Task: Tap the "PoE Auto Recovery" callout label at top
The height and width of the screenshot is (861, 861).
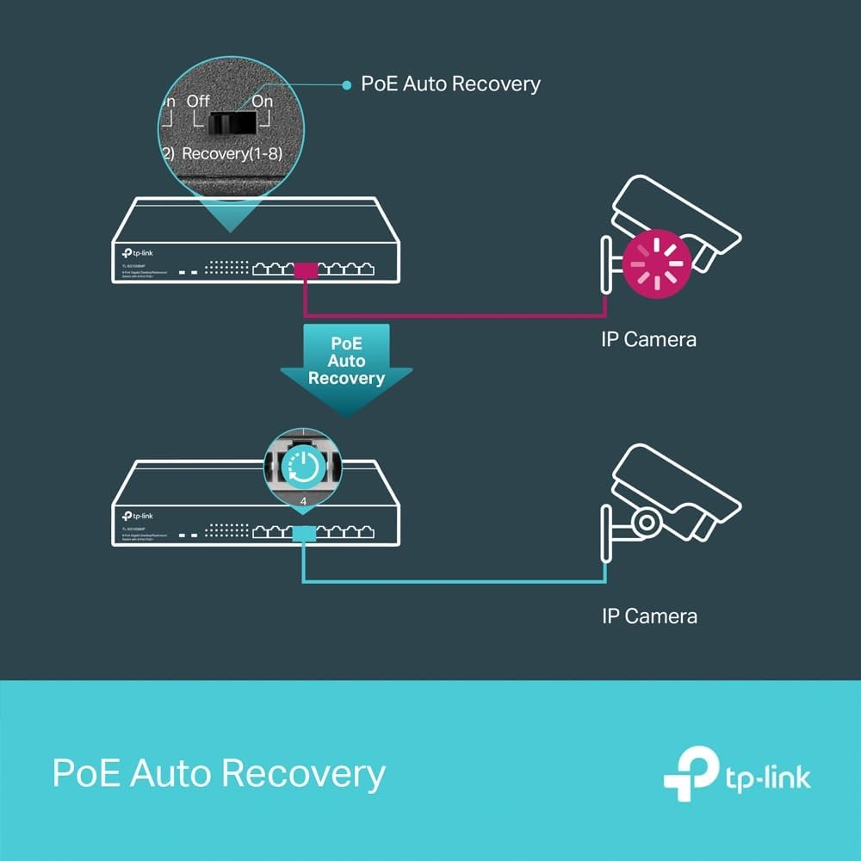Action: [450, 84]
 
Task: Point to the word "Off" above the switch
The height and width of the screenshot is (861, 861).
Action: [198, 101]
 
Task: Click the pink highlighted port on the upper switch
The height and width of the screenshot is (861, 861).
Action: [307, 271]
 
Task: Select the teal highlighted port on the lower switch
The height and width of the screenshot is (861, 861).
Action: [303, 534]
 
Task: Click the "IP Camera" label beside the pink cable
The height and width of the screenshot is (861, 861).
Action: [648, 339]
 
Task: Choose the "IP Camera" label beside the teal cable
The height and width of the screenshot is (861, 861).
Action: [649, 616]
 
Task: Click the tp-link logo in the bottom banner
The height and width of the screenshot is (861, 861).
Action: [737, 772]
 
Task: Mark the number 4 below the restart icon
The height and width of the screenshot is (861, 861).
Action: [302, 499]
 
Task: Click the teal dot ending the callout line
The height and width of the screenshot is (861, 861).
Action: [346, 84]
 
